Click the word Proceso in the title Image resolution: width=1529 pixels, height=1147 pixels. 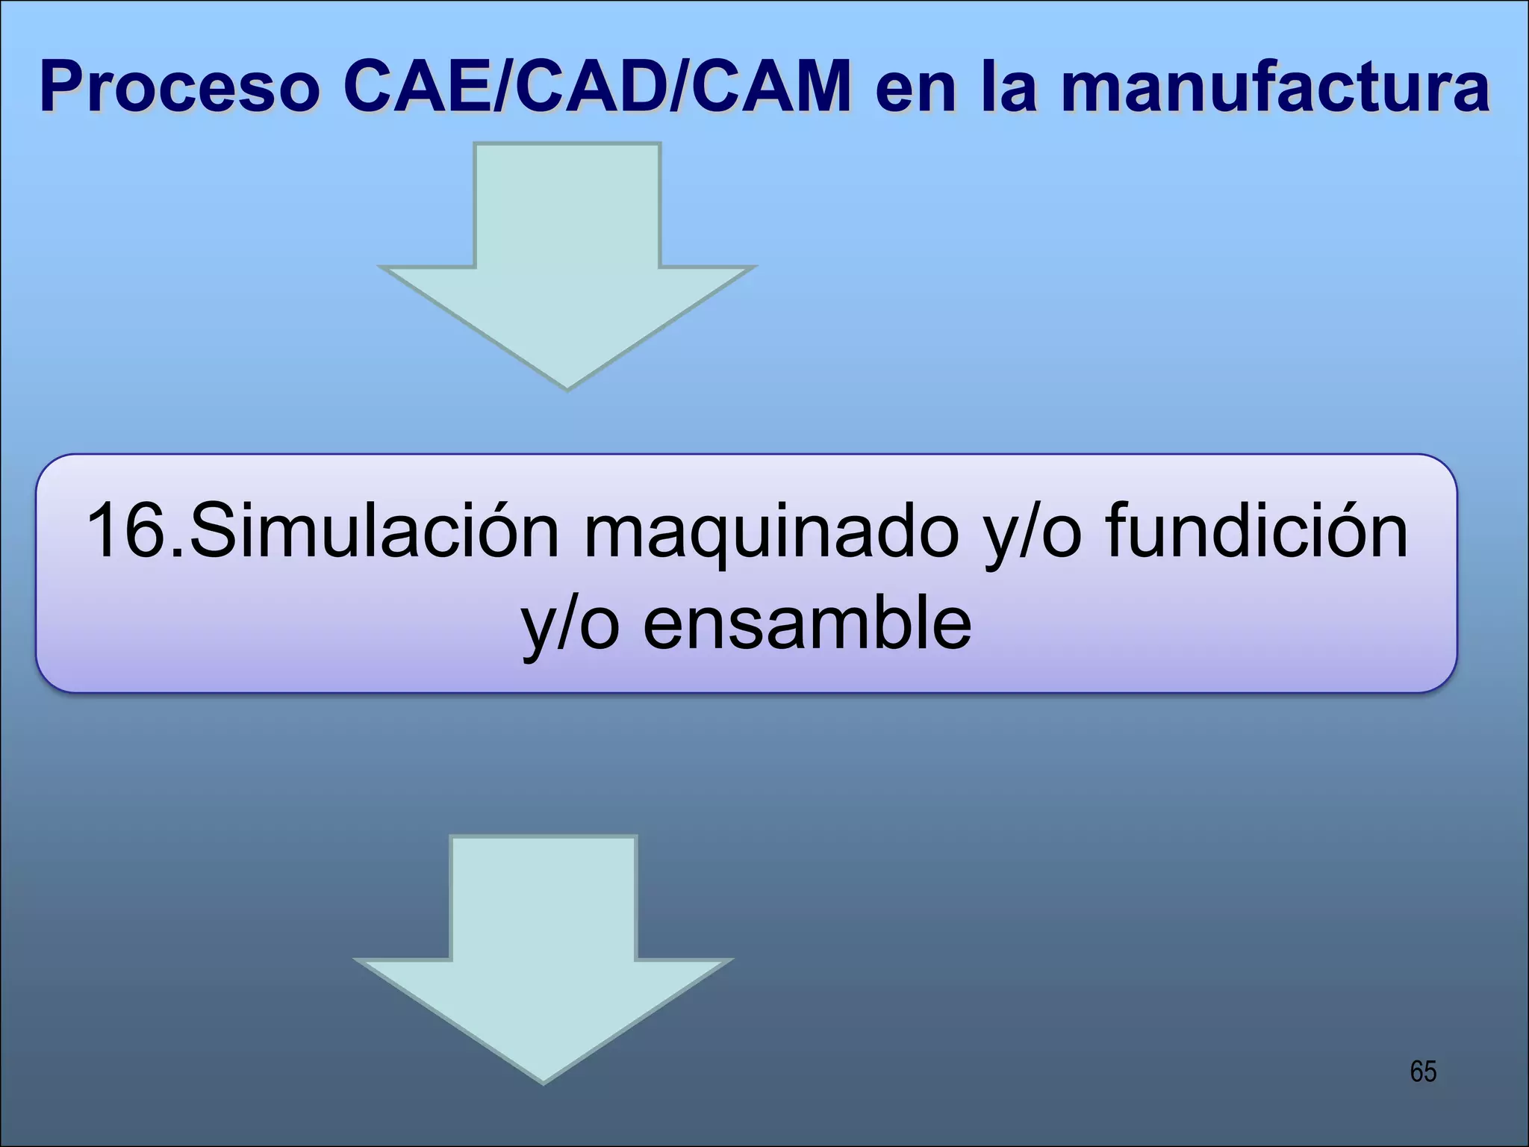tap(179, 88)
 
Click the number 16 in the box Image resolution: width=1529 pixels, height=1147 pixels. tap(125, 531)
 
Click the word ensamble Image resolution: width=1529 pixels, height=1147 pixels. tap(807, 624)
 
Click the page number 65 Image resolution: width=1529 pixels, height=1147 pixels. tap(1423, 1072)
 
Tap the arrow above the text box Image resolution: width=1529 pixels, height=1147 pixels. tap(567, 254)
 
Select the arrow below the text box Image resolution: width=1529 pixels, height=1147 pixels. tap(544, 948)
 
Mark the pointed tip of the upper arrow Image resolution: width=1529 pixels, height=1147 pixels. tap(567, 386)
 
